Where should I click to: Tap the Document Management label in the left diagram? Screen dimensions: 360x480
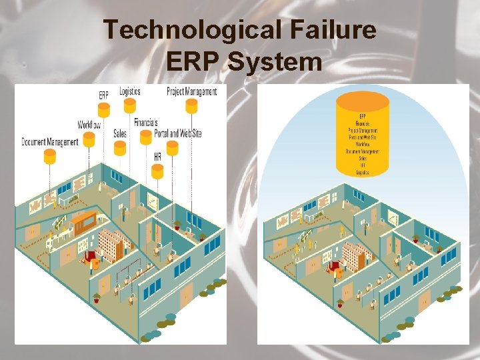pyautogui.click(x=50, y=141)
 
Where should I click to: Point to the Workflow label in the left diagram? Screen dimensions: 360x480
pyautogui.click(x=89, y=125)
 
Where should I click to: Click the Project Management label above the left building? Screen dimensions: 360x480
pyautogui.click(x=191, y=91)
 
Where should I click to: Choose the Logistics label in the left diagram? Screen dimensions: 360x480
pyautogui.click(x=129, y=91)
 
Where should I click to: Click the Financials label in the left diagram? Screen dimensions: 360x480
pyautogui.click(x=145, y=122)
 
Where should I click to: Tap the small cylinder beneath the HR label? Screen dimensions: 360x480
pyautogui.click(x=157, y=172)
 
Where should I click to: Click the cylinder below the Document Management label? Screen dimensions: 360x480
pyautogui.click(x=50, y=157)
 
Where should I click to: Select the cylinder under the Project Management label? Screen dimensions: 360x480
pyautogui.click(x=191, y=105)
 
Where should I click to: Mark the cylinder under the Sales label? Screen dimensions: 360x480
pyautogui.click(x=120, y=148)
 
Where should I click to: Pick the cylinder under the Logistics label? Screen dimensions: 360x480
pyautogui.click(x=129, y=105)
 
